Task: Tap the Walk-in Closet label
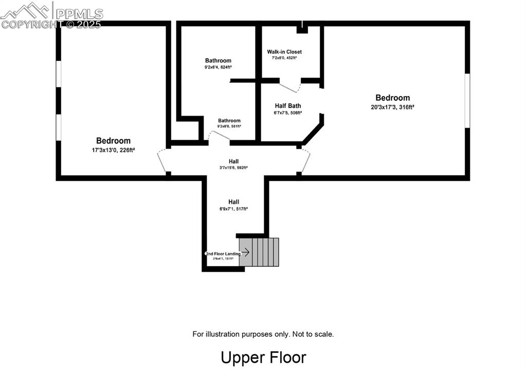[284, 52]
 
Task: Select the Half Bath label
[288, 106]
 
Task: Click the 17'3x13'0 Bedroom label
[113, 141]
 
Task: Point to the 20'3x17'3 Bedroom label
[392, 98]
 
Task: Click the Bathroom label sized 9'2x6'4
[218, 61]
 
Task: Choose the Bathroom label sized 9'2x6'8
[229, 121]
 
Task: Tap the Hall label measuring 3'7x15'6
[233, 161]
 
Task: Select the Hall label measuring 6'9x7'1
[233, 202]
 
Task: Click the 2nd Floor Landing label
[223, 254]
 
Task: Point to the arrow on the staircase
[245, 252]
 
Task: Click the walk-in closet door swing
[289, 87]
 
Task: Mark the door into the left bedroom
[162, 160]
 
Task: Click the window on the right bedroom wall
[467, 100]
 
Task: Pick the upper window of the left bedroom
[59, 74]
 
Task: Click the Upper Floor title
[263, 358]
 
